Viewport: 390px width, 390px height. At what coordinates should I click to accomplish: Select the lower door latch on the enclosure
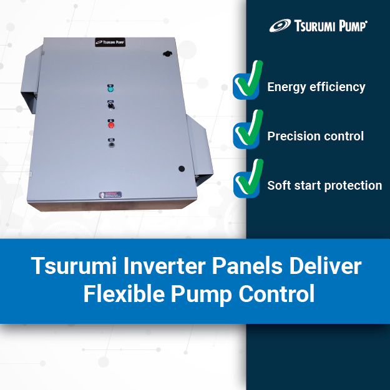pyautogui.click(x=181, y=168)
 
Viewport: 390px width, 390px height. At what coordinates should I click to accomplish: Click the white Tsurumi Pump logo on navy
pyautogui.click(x=318, y=26)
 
